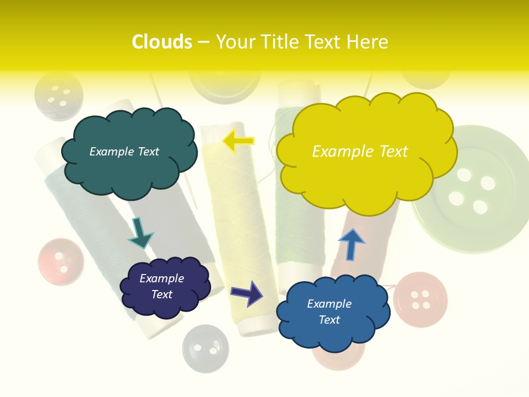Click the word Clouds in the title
tap(162, 42)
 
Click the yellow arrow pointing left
tap(238, 141)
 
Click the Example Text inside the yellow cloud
tap(360, 151)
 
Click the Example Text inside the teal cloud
tap(124, 151)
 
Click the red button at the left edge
tap(61, 261)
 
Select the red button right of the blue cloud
tap(420, 299)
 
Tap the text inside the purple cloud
tap(162, 286)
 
